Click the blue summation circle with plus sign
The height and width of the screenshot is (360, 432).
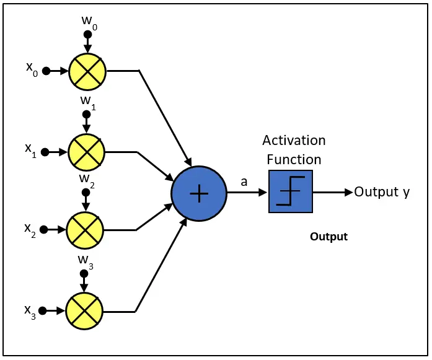tap(199, 194)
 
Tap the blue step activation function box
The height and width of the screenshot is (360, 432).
tap(290, 192)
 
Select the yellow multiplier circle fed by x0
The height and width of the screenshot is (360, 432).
tap(87, 71)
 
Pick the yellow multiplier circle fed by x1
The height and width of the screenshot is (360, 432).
tap(87, 151)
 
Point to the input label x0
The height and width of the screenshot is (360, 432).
tap(32, 69)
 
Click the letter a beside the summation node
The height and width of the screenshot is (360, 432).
tap(245, 182)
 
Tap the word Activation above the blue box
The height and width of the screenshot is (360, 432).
tap(294, 140)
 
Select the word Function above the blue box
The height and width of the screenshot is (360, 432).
tap(294, 160)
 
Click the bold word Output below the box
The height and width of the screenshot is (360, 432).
tap(328, 237)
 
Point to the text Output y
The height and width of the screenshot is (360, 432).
tap(381, 192)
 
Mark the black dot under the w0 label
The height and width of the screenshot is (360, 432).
tap(87, 34)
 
